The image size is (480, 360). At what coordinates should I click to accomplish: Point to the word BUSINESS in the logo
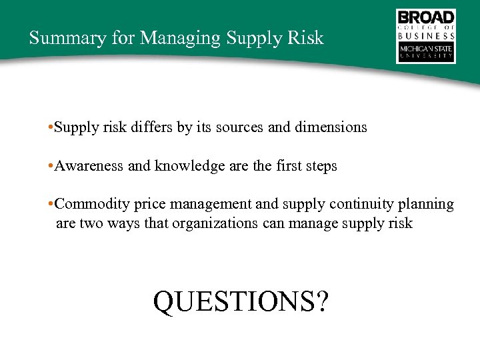tap(426, 36)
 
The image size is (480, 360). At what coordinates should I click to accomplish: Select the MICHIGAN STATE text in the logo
tap(426, 49)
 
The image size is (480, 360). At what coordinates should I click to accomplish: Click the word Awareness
tap(89, 165)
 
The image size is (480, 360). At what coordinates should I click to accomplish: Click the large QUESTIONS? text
tap(241, 301)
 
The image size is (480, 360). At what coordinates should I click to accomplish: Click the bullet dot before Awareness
tap(51, 166)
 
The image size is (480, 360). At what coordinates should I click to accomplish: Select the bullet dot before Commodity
tap(51, 204)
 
